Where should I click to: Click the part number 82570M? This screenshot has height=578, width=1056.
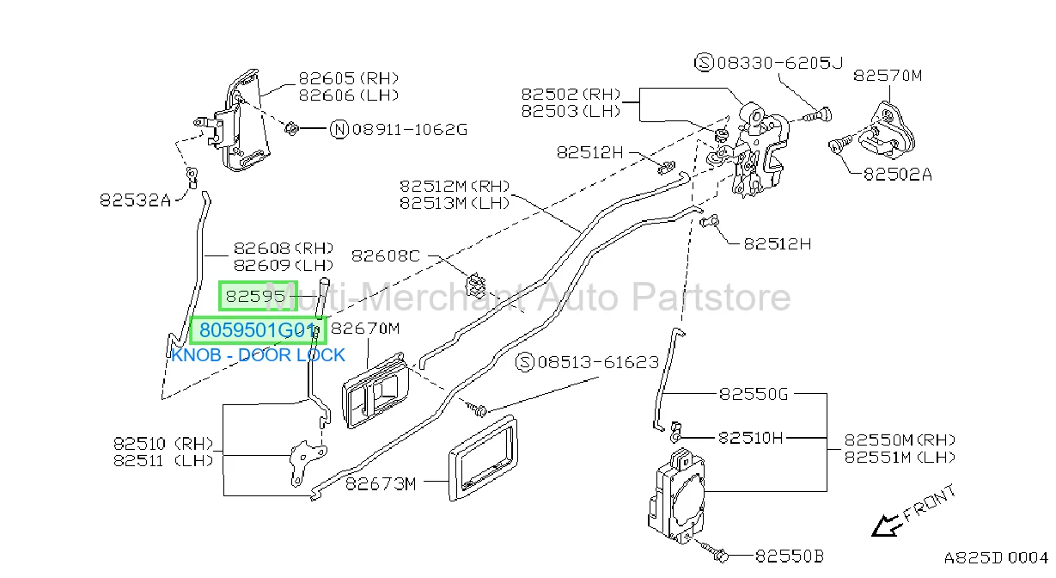888,76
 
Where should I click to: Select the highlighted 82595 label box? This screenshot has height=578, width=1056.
259,296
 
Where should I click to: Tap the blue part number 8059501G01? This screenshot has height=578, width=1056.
258,330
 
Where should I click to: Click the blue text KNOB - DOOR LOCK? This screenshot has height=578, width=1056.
258,355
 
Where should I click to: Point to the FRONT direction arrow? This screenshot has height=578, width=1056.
886,526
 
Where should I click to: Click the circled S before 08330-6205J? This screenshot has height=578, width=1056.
705,62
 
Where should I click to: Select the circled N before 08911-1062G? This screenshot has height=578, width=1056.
339,129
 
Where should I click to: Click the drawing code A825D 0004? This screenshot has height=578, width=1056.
996,557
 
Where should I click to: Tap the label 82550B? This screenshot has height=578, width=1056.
790,556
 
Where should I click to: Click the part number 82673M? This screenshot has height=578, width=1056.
381,483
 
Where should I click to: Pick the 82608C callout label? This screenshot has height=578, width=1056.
386,255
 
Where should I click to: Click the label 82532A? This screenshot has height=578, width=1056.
135,200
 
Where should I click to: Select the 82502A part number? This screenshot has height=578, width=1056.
898,175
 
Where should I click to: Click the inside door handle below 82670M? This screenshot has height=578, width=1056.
375,390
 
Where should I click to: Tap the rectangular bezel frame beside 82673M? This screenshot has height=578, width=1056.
483,458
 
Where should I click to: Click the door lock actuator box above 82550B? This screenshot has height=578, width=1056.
676,496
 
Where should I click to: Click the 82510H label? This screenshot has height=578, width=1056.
750,438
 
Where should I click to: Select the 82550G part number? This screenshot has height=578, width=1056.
754,394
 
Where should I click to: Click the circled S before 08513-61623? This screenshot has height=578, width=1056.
525,362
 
